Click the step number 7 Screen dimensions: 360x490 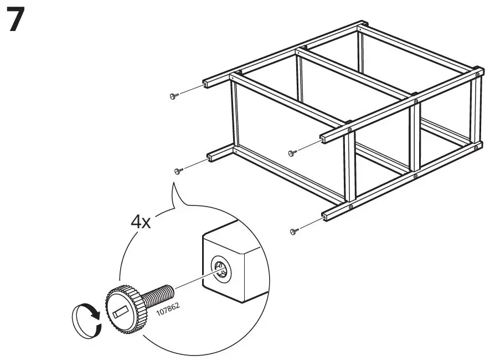16,21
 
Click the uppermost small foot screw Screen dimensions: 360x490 173,96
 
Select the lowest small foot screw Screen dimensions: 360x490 293,231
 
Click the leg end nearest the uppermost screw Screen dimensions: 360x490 205,83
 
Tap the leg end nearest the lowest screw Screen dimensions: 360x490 324,215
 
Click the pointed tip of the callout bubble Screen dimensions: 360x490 173,184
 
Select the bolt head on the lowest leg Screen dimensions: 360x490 350,206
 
